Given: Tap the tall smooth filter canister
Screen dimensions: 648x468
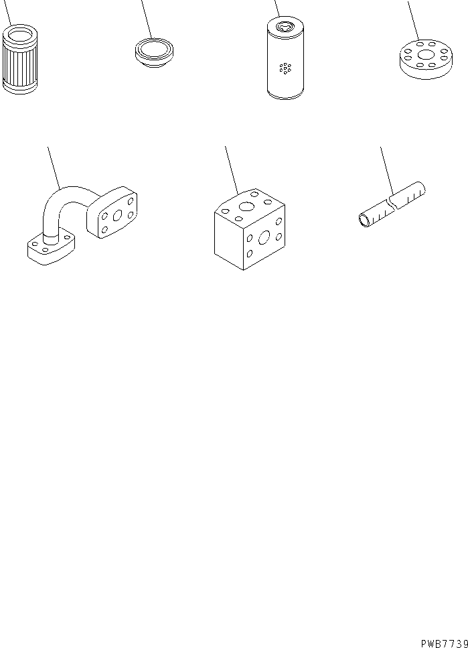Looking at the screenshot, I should (x=285, y=64).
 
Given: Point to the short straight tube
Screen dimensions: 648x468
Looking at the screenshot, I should (x=392, y=206).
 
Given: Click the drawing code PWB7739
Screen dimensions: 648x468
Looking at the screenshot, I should (x=444, y=642).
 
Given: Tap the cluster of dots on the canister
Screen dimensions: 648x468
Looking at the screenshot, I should (x=285, y=68).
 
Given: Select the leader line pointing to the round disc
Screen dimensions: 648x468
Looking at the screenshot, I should (x=414, y=20).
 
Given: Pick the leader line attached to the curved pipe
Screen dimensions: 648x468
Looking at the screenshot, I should (x=53, y=164).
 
